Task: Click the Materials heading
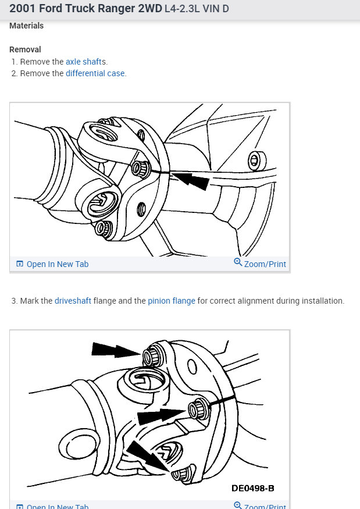pyautogui.click(x=26, y=26)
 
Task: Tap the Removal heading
pyautogui.click(x=25, y=49)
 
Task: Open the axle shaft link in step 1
pyautogui.click(x=84, y=62)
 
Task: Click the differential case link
pyautogui.click(x=95, y=73)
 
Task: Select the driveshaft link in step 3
pyautogui.click(x=73, y=301)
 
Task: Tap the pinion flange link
pyautogui.click(x=171, y=301)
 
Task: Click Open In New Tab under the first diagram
pyautogui.click(x=57, y=264)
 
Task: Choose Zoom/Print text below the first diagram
pyautogui.click(x=265, y=264)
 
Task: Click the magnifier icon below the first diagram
pyautogui.click(x=237, y=262)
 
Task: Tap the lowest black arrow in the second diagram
pyautogui.click(x=149, y=455)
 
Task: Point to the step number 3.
pyautogui.click(x=14, y=301)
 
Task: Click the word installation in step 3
pyautogui.click(x=322, y=301)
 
